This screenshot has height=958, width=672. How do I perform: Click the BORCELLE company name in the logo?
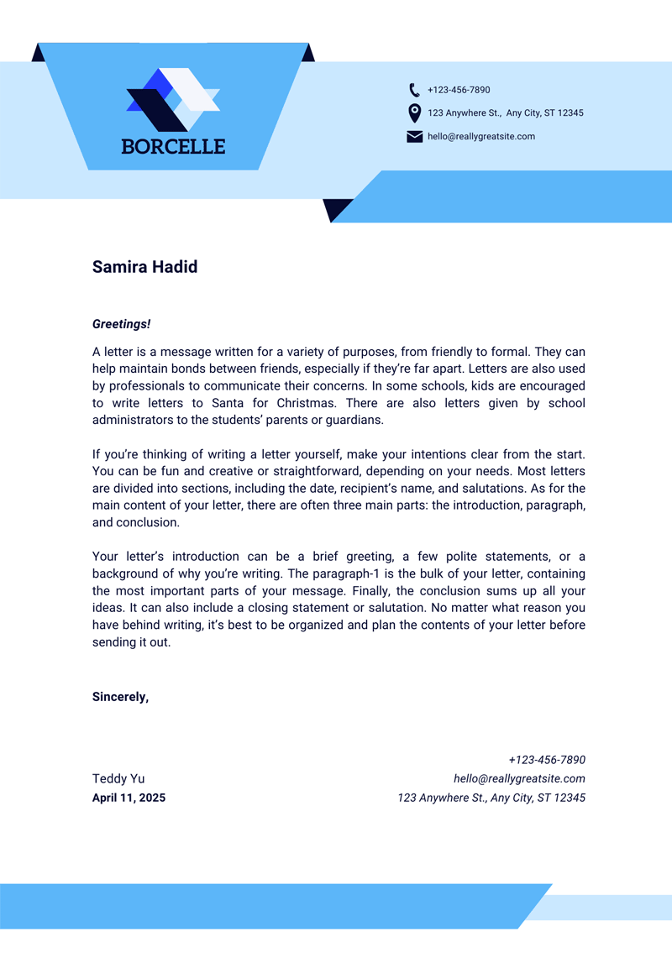pos(173,146)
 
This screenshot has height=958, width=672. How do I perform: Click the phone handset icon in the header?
pos(414,90)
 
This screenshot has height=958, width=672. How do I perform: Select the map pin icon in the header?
pos(414,113)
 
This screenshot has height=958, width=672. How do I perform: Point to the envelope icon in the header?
pos(414,137)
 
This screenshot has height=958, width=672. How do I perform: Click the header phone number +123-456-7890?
pos(459,90)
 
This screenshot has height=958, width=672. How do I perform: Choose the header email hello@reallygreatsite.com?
pos(480,137)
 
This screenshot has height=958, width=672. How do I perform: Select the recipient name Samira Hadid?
pos(144,267)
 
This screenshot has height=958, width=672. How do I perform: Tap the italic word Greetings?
pos(121,323)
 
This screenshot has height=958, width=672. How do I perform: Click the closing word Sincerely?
pos(120,697)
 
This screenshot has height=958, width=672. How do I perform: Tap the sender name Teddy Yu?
pos(118,778)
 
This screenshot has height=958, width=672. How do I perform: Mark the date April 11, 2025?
pos(129,798)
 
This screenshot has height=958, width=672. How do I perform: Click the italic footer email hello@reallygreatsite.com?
pos(519,778)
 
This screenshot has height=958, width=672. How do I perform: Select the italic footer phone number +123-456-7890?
pos(546,759)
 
